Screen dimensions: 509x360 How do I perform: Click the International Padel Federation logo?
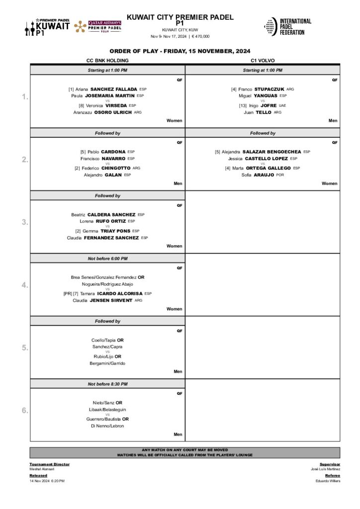(287, 27)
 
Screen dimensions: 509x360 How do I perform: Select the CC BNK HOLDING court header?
(107, 60)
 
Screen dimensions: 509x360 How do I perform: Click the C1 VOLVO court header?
(263, 60)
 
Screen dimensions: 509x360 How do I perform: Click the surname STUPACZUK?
(270, 89)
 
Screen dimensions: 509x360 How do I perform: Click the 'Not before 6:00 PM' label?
(107, 258)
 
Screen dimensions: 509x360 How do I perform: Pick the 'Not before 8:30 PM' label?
(107, 384)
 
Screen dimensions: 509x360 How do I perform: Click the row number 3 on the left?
(25, 222)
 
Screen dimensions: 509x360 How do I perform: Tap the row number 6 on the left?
(25, 410)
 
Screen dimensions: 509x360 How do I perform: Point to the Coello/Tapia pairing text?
(107, 340)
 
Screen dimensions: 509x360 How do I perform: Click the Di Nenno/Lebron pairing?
(107, 425)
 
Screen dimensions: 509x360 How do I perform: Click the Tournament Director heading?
(49, 464)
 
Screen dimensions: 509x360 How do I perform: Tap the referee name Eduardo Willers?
(328, 481)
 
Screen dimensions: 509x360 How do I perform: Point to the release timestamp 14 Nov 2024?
(47, 481)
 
